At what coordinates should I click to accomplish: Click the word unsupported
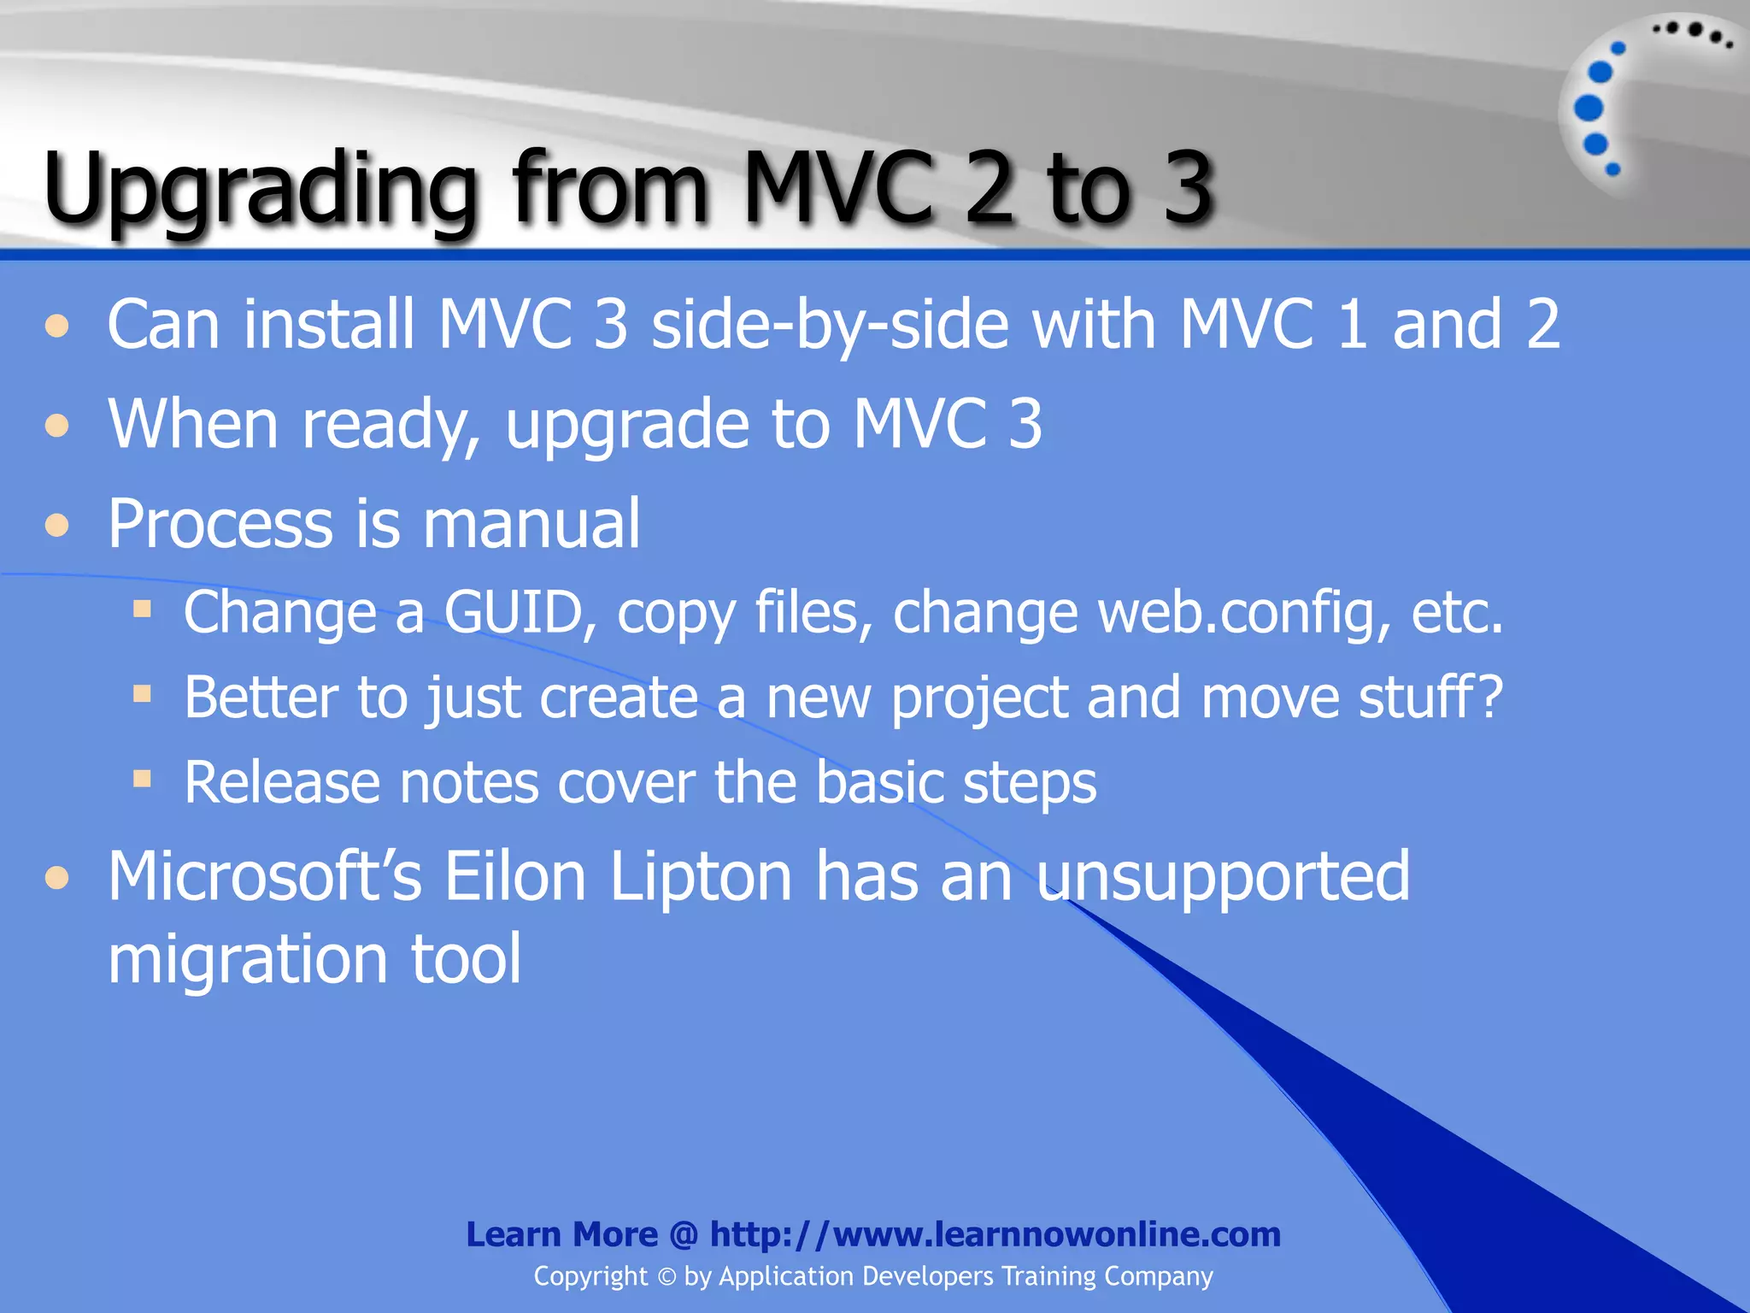click(x=1223, y=879)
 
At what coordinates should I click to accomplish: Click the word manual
click(x=531, y=523)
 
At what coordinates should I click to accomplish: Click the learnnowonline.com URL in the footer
click(x=995, y=1234)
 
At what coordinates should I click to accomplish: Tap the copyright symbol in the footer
click(x=667, y=1277)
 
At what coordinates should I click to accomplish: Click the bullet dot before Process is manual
click(x=57, y=524)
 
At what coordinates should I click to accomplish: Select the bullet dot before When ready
click(x=57, y=425)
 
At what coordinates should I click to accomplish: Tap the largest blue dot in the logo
click(x=1589, y=108)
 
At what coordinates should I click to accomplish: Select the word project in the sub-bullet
click(x=979, y=699)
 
